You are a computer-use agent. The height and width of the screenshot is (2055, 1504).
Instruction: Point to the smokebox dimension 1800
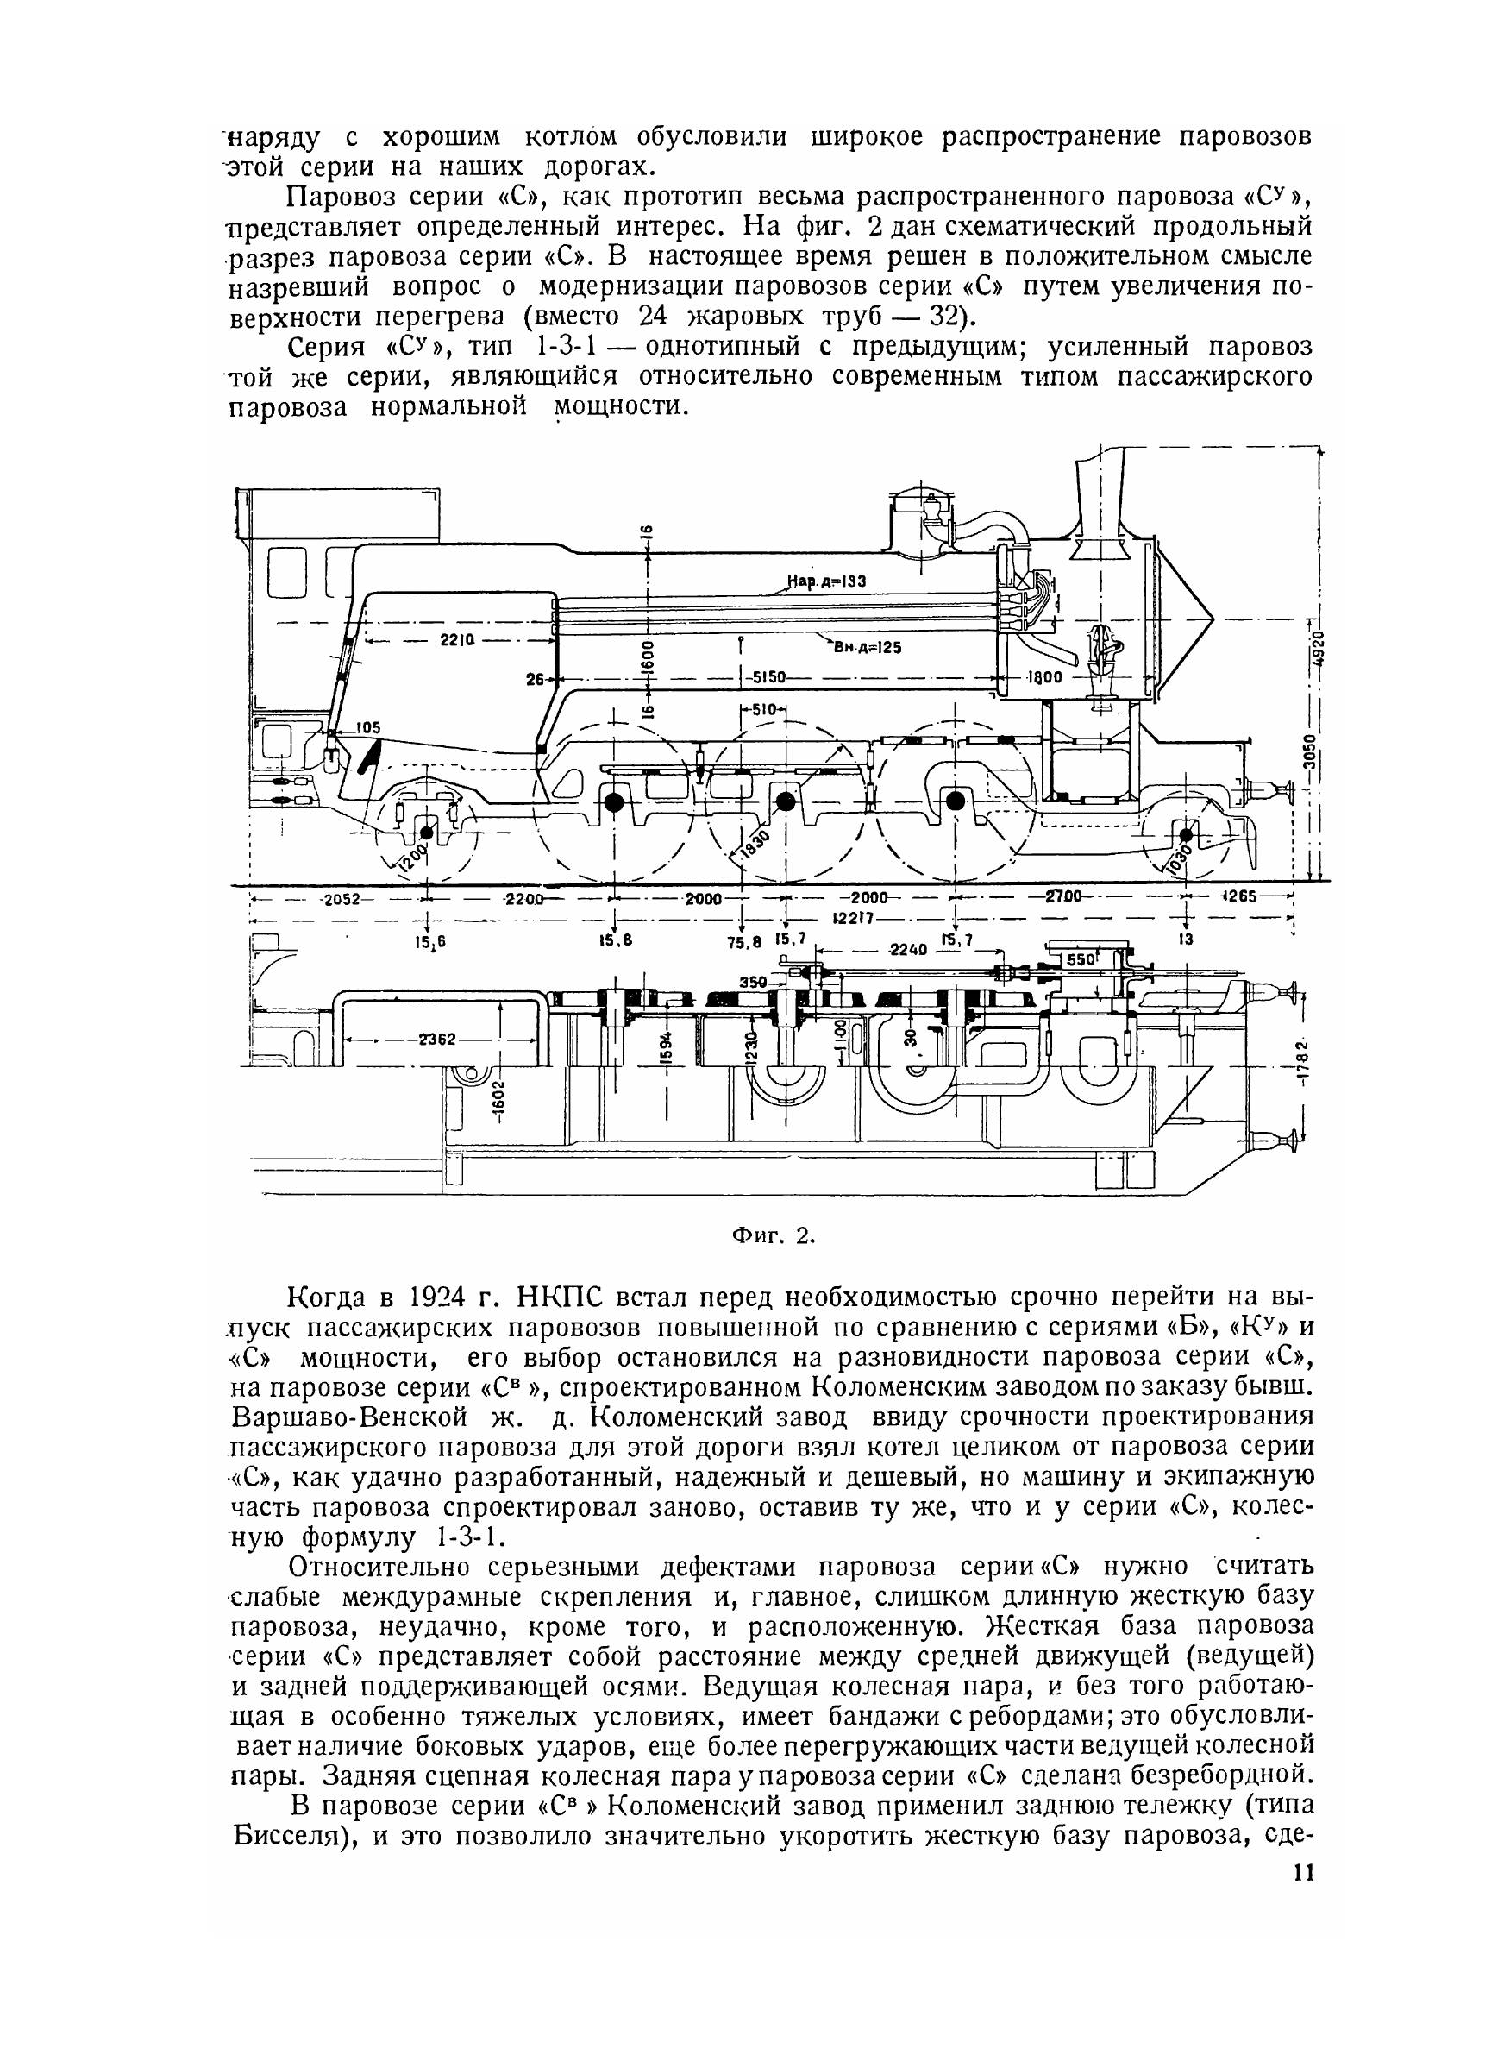[x=1045, y=677]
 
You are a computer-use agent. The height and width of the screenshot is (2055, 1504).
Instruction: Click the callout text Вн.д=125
[x=866, y=647]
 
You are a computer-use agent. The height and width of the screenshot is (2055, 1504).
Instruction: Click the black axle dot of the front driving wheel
[x=955, y=801]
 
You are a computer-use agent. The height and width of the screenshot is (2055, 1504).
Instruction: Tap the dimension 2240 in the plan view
[x=906, y=949]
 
